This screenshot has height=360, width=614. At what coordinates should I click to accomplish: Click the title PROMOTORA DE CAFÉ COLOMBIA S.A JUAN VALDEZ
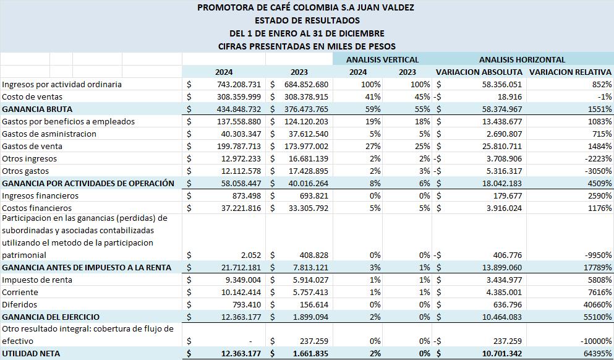pos(306,8)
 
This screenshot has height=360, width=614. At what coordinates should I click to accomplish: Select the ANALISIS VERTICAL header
pos(382,59)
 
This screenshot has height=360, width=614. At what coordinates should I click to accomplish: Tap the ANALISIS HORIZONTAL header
pos(522,59)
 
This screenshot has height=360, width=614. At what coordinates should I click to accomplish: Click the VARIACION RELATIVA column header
pos(570,72)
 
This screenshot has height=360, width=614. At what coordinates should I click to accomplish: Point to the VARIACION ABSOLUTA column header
pos(479,72)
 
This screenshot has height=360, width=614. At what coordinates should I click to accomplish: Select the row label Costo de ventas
pos(32,96)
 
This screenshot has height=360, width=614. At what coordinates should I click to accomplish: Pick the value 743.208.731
pos(239,84)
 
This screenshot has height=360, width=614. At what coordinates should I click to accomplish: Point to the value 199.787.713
pos(239,146)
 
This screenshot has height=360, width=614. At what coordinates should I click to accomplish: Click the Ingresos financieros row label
pos(40,195)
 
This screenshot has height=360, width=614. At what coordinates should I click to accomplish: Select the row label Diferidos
pos(20,304)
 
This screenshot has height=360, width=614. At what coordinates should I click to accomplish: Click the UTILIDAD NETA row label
pos(31,353)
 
